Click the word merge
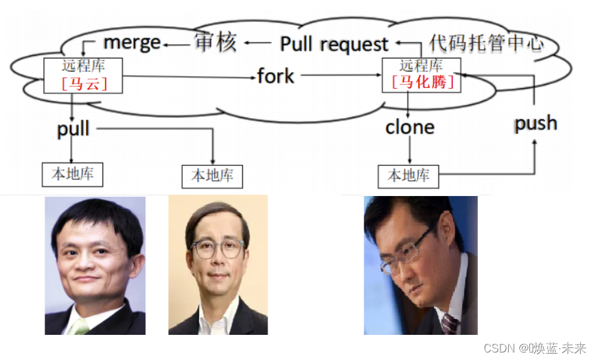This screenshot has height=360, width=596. point(132,43)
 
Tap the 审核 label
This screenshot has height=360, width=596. point(215,43)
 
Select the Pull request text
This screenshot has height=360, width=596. point(334,44)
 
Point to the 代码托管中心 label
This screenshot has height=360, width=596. point(485,43)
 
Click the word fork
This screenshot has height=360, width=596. point(275,77)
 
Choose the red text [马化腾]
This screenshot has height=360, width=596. point(421,82)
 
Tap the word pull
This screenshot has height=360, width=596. point(73,129)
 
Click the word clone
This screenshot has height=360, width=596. point(409,128)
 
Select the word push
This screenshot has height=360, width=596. point(535,123)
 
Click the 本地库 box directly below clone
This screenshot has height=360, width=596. point(408,176)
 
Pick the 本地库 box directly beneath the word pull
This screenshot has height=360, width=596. point(72,174)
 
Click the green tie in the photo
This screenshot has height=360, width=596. point(79,327)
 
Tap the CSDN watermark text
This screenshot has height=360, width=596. point(534,347)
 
